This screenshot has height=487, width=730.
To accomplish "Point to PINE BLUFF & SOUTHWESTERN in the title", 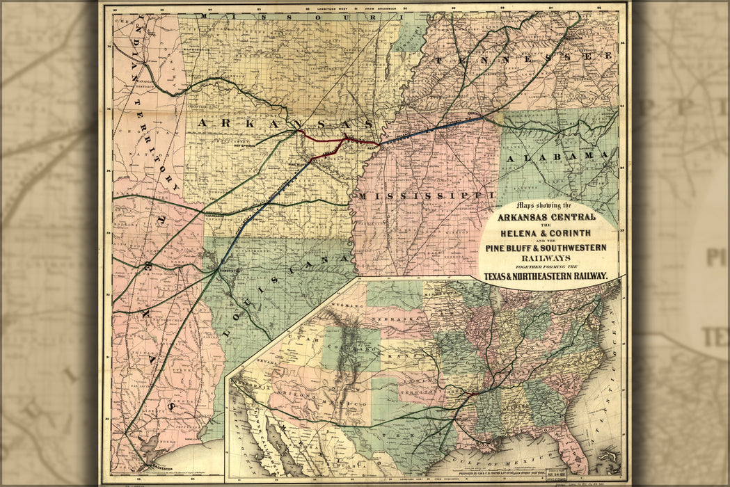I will (x=550, y=248).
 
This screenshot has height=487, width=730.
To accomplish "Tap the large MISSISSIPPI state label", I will (x=426, y=195).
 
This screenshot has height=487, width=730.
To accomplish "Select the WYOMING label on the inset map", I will (x=340, y=307).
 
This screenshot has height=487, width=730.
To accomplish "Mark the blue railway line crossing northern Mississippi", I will (x=431, y=129).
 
